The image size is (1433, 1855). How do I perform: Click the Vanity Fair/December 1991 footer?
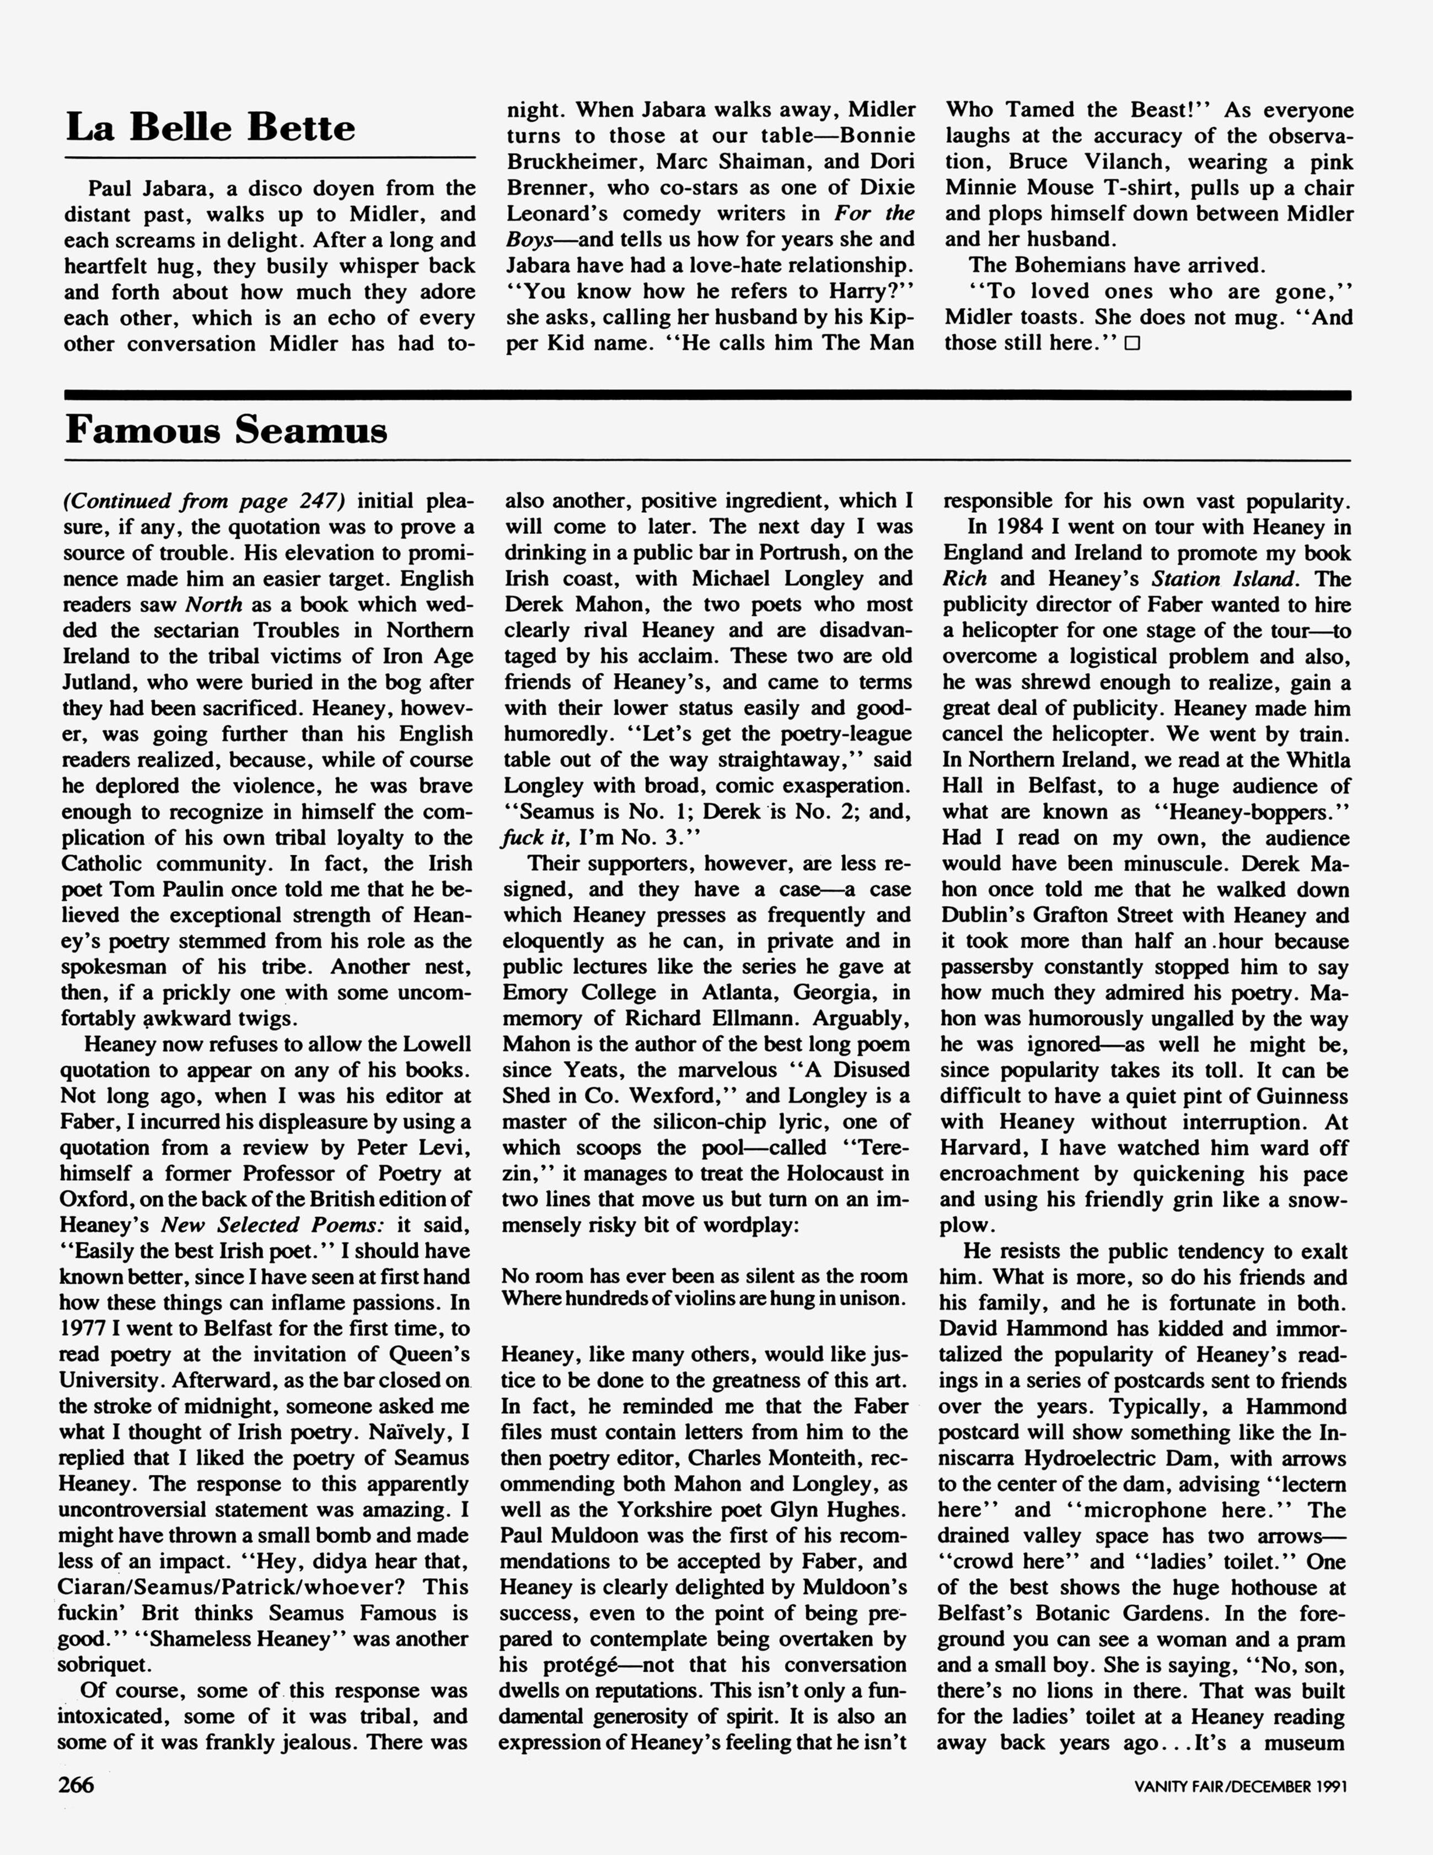(1241, 1786)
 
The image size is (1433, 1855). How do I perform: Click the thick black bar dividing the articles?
(707, 395)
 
